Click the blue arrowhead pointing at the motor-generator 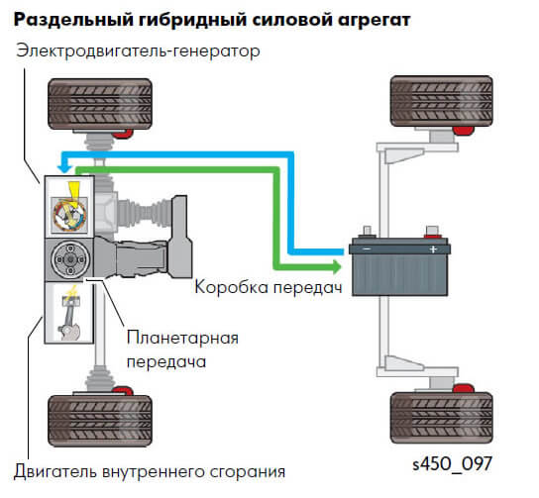(64, 168)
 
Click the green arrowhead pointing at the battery (337, 267)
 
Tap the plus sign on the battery (433, 249)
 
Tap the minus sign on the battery (368, 249)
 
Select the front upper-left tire (100, 104)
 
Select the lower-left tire (100, 421)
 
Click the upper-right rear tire (442, 101)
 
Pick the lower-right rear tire (442, 418)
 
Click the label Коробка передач (269, 287)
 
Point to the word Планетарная (182, 338)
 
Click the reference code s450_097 (453, 464)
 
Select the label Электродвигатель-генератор (138, 51)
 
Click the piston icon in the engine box (69, 314)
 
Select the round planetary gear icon (69, 259)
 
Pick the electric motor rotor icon (69, 214)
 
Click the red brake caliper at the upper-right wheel (463, 131)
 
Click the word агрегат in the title (375, 20)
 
